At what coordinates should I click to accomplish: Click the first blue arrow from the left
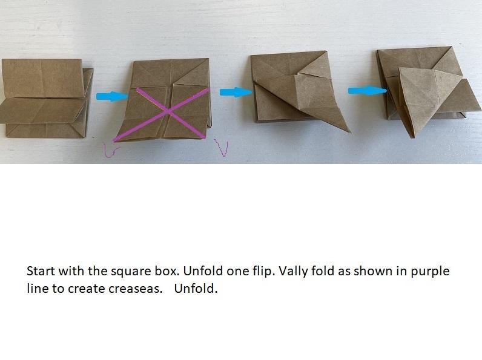coord(111,96)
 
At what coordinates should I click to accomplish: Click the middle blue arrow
coord(236,92)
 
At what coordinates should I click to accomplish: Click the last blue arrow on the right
coord(368,91)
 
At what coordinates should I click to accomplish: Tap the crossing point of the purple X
coord(168,112)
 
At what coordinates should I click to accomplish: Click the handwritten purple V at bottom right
coord(222,148)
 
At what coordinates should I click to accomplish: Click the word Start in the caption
coord(41,271)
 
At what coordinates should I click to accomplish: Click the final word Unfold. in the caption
coord(196,288)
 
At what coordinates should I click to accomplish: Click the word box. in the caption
coord(167,271)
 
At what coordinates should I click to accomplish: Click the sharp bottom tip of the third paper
coord(349,132)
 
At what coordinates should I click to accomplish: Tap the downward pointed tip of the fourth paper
coord(412,138)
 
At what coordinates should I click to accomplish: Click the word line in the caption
coord(38,288)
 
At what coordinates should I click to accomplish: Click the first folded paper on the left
coord(47,98)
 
